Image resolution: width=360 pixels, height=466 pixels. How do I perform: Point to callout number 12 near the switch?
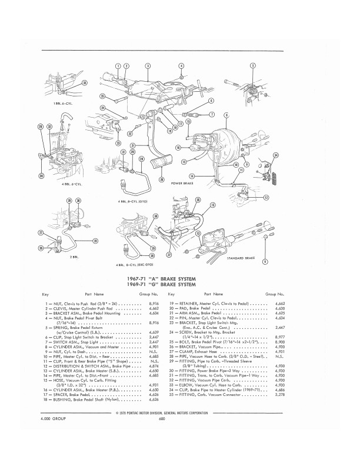click(266, 198)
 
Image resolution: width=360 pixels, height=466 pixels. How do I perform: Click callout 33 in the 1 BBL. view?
click(84, 84)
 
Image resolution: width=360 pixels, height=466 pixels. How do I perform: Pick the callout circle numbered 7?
click(212, 114)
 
